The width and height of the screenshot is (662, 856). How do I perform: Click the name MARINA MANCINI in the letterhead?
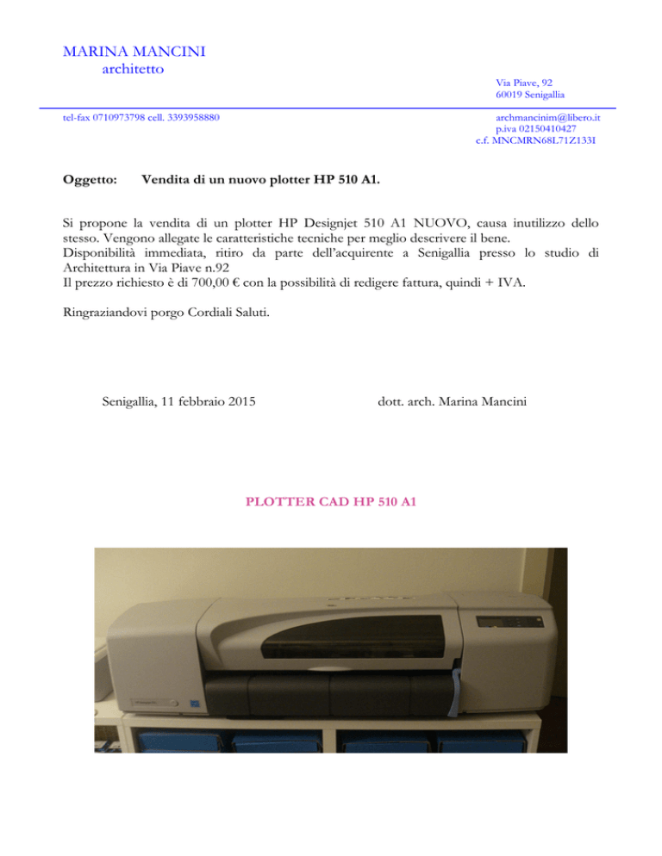point(134,53)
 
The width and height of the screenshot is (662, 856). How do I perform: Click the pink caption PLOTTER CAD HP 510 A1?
point(331,499)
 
